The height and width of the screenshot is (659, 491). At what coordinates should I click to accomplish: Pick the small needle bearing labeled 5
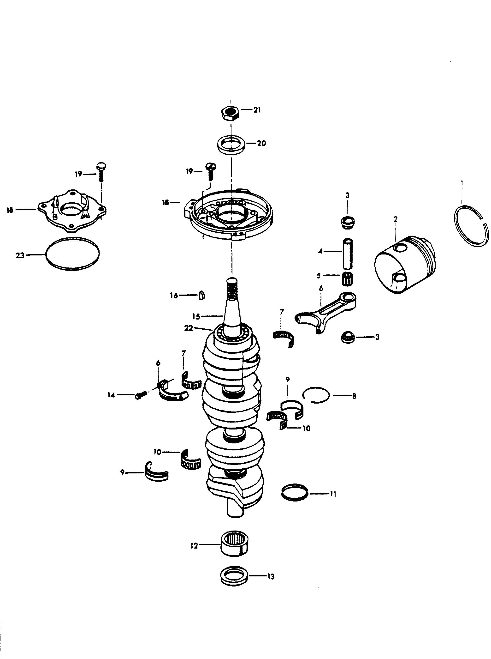point(347,279)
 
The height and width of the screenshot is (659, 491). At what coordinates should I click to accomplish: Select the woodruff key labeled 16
point(201,296)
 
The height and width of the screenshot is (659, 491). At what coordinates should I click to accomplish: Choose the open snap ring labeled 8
point(316,395)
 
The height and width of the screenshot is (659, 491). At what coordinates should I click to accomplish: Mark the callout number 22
point(189,328)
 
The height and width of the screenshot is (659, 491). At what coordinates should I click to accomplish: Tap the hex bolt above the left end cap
point(101,172)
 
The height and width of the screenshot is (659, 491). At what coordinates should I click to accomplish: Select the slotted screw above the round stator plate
point(211,170)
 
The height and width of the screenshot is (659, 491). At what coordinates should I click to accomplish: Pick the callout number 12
point(194,546)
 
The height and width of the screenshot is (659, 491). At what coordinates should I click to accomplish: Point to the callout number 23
point(20,255)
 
